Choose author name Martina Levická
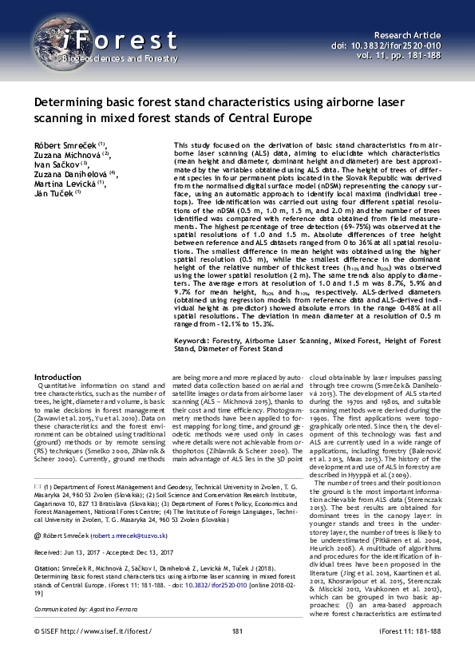click(63, 184)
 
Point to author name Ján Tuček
click(52, 193)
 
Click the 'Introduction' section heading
click(57, 377)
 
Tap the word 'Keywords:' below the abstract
click(192, 339)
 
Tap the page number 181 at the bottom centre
click(237, 654)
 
